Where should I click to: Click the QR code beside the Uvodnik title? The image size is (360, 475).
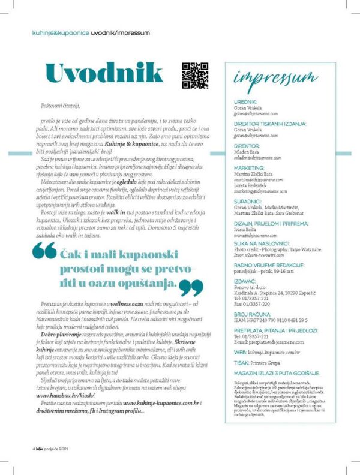(195, 76)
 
